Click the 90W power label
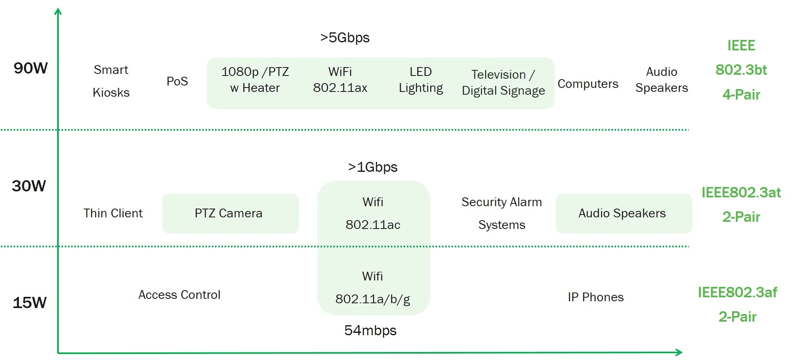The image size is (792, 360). click(30, 68)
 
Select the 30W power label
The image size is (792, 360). click(29, 186)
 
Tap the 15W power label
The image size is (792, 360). click(30, 303)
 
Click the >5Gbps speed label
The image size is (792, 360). click(345, 38)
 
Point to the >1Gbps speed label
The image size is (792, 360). click(372, 167)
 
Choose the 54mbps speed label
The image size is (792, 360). click(370, 330)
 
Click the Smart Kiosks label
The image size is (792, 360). click(111, 81)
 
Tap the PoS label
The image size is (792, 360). click(177, 82)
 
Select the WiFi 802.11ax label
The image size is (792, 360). click(340, 80)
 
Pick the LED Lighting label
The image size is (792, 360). click(421, 80)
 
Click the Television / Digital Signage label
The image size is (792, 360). click(503, 83)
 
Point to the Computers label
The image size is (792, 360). click(588, 84)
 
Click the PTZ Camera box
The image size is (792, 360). click(230, 213)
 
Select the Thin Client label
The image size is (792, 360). click(113, 213)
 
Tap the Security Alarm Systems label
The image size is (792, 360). click(501, 213)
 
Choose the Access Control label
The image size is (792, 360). click(179, 295)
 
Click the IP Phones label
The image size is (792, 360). click(595, 297)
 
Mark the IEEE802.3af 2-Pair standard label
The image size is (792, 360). click(737, 304)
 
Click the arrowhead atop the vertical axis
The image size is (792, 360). click(58, 12)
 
